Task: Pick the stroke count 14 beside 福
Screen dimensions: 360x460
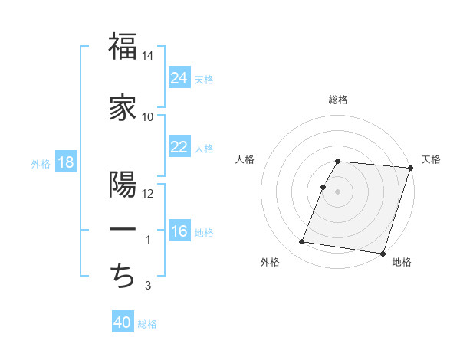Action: tap(148, 56)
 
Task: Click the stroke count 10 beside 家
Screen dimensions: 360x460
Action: tap(148, 116)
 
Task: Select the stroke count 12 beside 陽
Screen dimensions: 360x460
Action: tap(148, 193)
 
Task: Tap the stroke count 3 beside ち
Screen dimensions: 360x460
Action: tap(148, 286)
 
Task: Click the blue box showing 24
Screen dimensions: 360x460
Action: tap(179, 77)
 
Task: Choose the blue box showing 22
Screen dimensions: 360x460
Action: tap(179, 147)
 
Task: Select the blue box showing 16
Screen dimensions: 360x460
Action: tap(179, 231)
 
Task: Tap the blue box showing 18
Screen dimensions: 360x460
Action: tap(65, 163)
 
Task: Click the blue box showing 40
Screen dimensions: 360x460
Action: tap(123, 322)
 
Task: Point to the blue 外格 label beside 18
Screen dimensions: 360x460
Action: tap(41, 164)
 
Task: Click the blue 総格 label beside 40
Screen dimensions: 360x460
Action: tap(147, 324)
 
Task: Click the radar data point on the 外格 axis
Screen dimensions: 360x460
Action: tap(302, 242)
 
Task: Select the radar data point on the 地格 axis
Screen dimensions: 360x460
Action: tap(383, 253)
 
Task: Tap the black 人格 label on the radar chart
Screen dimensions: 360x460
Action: tap(245, 159)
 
